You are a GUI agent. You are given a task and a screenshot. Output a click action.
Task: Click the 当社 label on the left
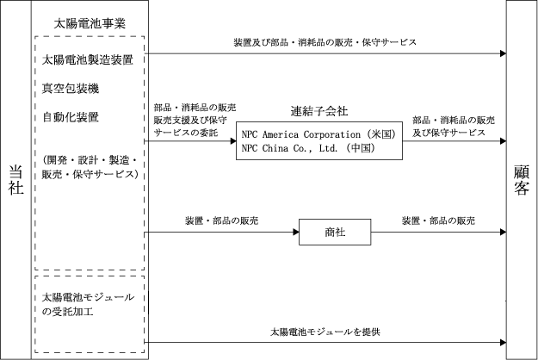click(15, 181)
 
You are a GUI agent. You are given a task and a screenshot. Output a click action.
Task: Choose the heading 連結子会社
click(320, 112)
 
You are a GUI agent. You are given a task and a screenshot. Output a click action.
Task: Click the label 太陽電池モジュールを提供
click(318, 331)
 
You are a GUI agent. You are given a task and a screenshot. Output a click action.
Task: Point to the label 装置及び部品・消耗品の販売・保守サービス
click(325, 41)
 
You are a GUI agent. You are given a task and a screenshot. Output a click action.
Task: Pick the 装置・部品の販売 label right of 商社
click(438, 220)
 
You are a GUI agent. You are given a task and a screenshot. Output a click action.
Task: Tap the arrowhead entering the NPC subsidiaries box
click(232, 140)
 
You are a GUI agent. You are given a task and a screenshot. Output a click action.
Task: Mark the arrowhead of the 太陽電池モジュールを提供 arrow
click(500, 344)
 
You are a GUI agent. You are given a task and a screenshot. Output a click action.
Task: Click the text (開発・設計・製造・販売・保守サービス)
click(90, 168)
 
